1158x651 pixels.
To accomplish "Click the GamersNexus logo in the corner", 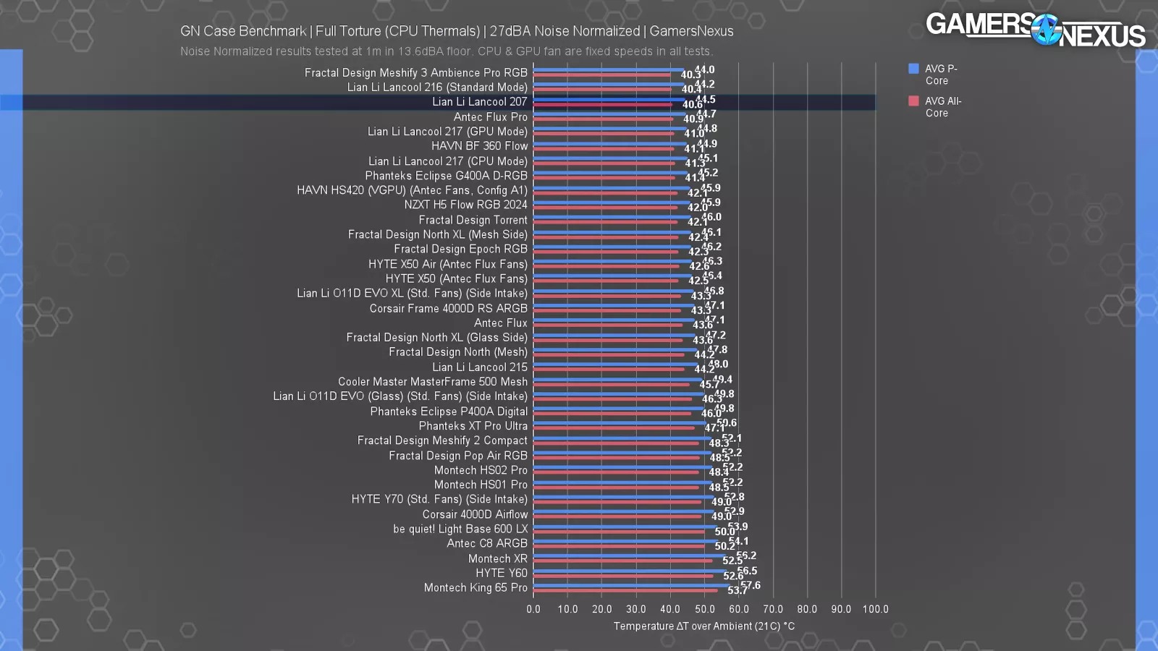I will click(x=1035, y=30).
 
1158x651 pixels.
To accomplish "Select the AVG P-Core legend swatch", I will click(x=913, y=69).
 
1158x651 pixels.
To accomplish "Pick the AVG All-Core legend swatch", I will click(x=913, y=101).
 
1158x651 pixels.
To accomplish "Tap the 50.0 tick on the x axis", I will click(x=704, y=609).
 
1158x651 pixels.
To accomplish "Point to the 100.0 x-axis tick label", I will click(x=875, y=609).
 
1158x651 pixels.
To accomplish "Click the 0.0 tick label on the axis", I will click(x=533, y=609).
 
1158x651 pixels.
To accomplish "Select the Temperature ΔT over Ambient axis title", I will click(x=703, y=626).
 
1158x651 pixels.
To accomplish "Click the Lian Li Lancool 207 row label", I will click(x=479, y=102).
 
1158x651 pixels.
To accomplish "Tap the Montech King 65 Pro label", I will click(x=476, y=587).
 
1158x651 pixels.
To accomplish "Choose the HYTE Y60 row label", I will click(x=501, y=573).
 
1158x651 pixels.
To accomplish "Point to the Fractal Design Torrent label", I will click(x=473, y=220).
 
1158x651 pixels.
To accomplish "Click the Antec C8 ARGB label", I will click(x=486, y=543).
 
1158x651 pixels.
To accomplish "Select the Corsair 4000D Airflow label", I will click(x=475, y=514).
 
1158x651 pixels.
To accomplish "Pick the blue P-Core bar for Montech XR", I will click(x=629, y=556).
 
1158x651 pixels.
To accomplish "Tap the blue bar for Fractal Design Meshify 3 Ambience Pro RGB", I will click(x=608, y=70).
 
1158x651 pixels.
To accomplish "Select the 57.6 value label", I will click(x=751, y=585).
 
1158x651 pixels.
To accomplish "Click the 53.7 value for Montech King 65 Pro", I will click(x=737, y=591).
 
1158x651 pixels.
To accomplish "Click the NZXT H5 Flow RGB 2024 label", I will click(x=465, y=205).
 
